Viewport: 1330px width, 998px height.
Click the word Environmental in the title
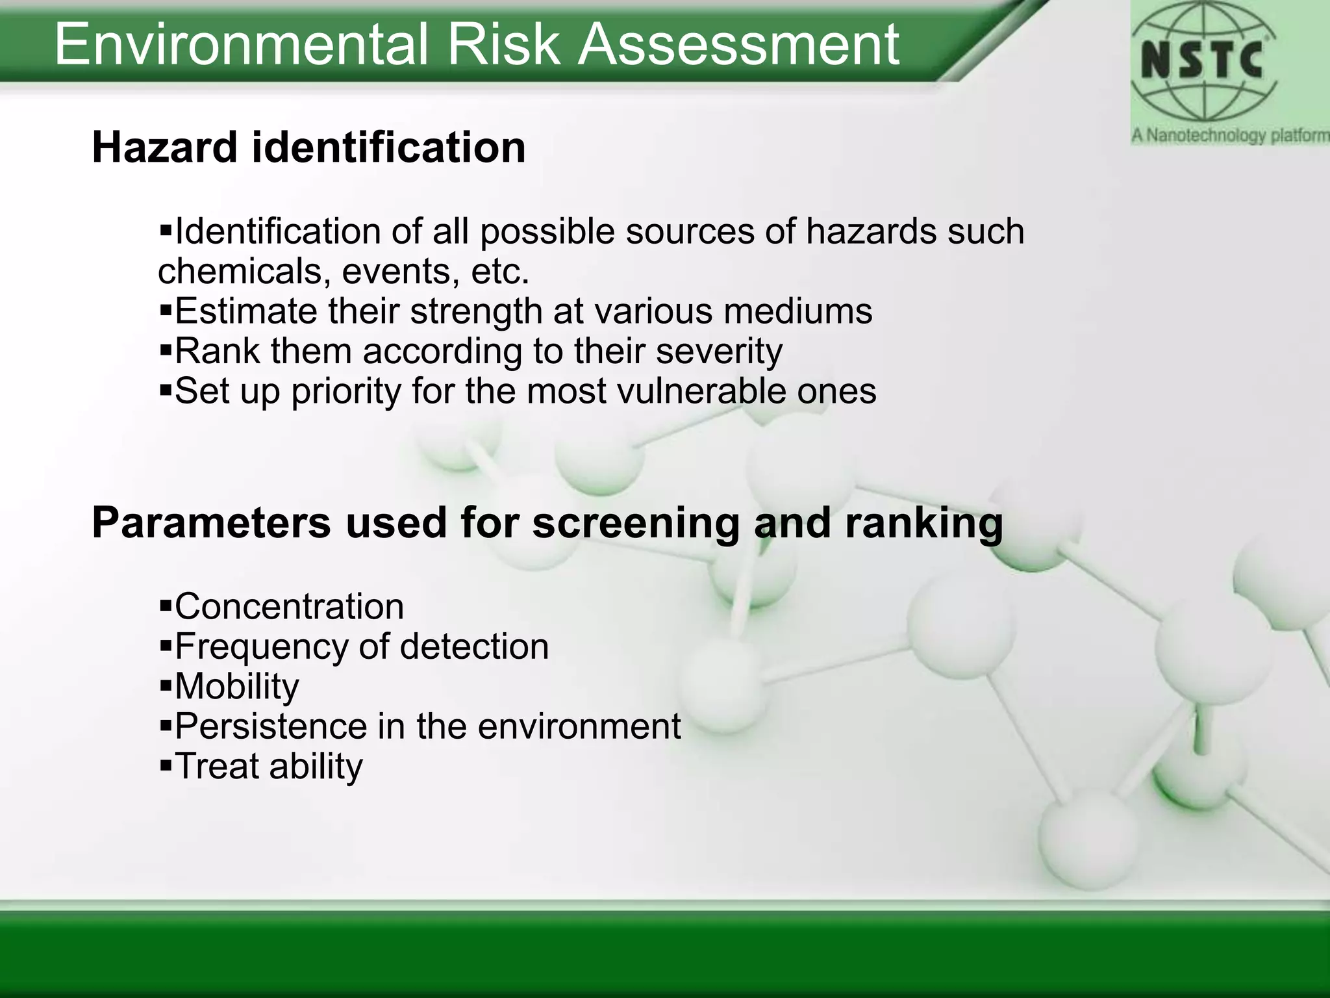(240, 44)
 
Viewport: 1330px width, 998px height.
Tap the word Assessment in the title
(738, 44)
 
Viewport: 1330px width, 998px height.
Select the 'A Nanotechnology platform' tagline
(1229, 136)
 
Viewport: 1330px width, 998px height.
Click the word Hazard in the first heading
(164, 147)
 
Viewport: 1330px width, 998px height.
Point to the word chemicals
(239, 271)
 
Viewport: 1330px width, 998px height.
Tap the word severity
(718, 352)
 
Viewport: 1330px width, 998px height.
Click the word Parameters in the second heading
(211, 522)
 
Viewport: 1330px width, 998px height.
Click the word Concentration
(289, 607)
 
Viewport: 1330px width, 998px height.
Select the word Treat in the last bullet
(218, 766)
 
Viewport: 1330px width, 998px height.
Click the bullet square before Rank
(165, 352)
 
